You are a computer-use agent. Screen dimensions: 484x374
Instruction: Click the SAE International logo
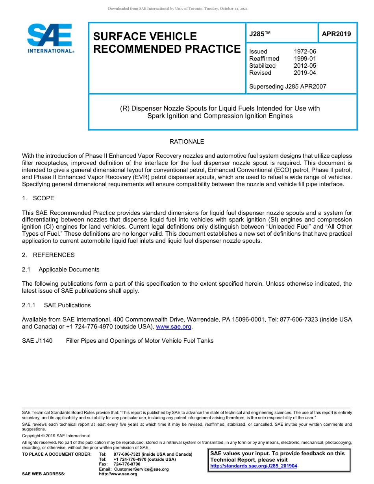(50, 39)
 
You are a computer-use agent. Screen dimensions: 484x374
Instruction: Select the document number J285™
(260, 34)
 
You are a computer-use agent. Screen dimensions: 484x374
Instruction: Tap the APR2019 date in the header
(336, 34)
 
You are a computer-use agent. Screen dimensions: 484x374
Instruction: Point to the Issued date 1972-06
(305, 52)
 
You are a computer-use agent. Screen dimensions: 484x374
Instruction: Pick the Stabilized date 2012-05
(305, 66)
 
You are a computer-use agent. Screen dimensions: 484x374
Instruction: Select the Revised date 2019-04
(305, 73)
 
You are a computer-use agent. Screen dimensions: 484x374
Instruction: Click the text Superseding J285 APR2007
(287, 87)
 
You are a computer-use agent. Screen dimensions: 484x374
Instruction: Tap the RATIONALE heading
(187, 142)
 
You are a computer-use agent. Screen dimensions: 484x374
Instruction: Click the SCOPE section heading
(43, 198)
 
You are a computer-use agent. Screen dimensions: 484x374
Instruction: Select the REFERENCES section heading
(54, 255)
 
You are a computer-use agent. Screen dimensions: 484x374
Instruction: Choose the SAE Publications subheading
(67, 305)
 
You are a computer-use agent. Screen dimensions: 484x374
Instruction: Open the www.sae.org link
(174, 327)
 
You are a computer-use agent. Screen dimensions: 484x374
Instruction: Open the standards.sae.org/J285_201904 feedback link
(254, 466)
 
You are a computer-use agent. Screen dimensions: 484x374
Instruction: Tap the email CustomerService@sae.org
(141, 469)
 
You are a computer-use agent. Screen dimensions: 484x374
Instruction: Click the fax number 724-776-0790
(127, 464)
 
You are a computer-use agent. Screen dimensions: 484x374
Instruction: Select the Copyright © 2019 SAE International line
(56, 436)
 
